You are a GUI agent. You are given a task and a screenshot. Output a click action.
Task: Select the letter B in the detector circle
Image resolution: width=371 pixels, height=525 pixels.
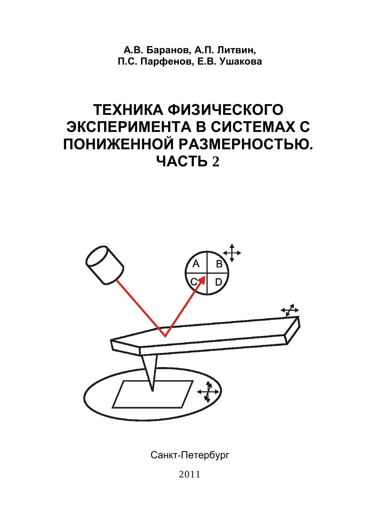219,264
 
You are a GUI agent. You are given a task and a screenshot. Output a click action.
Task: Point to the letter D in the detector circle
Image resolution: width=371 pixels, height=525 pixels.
219,282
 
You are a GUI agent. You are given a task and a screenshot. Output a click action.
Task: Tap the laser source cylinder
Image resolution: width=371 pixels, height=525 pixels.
104,265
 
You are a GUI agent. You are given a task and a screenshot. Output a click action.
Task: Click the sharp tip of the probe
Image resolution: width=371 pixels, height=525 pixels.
153,390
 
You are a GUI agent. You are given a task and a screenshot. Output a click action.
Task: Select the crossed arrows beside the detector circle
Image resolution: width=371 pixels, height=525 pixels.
232,253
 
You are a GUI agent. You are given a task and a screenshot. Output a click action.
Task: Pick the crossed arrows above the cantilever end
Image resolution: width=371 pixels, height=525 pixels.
290,310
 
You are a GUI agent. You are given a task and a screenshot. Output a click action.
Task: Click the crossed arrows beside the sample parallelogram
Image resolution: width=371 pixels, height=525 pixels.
208,392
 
